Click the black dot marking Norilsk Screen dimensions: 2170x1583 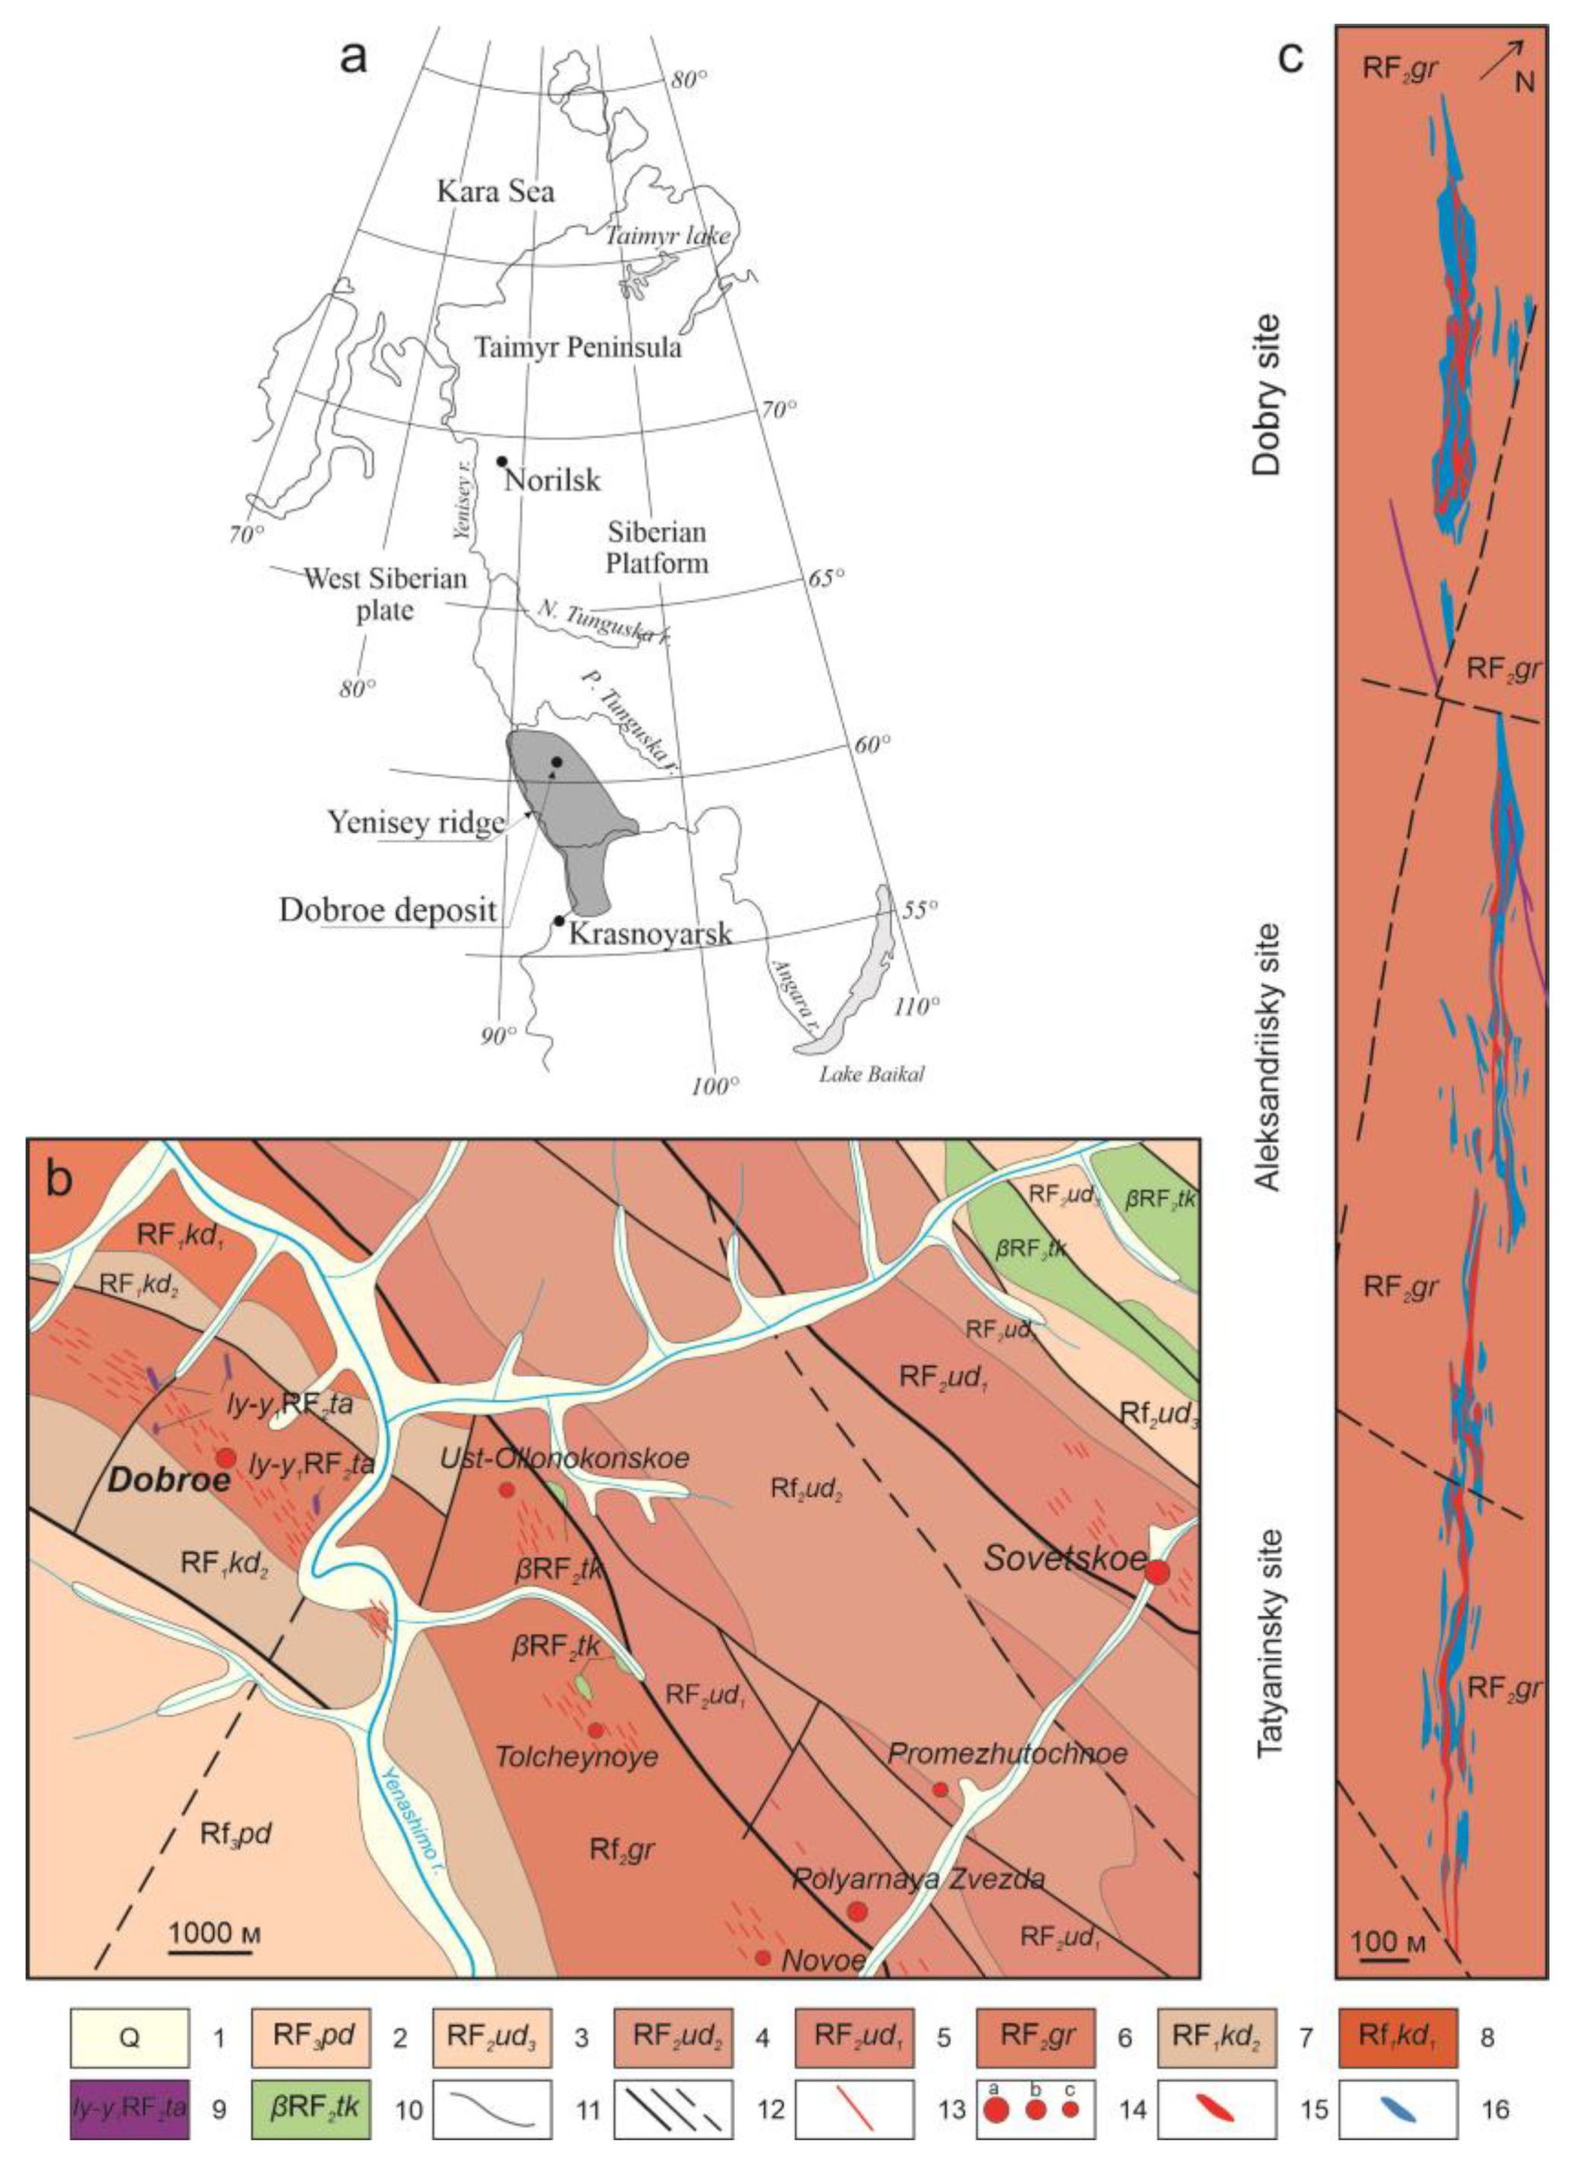pos(501,461)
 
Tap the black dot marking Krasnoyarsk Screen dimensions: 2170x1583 pos(558,921)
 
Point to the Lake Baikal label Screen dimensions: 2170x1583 pos(871,1075)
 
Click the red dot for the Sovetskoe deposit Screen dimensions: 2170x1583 pos(1158,1572)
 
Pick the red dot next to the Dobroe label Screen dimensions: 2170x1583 pos(225,1458)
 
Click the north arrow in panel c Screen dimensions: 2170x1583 pos(1501,59)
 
